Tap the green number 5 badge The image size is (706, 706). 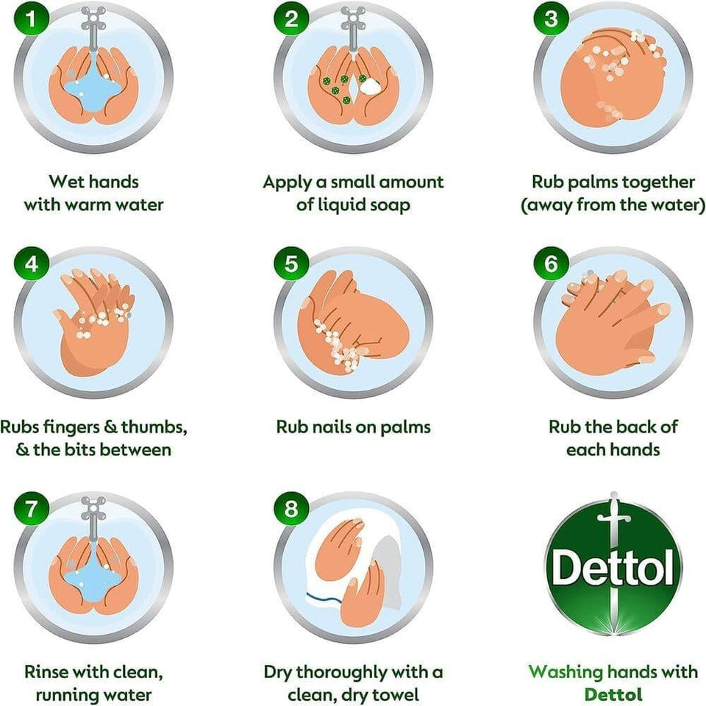coord(291,263)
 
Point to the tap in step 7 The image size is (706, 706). coord(93,515)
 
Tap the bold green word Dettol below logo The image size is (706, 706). coord(613,694)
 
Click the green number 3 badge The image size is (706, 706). coord(551,18)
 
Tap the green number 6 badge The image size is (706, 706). coord(551,263)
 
